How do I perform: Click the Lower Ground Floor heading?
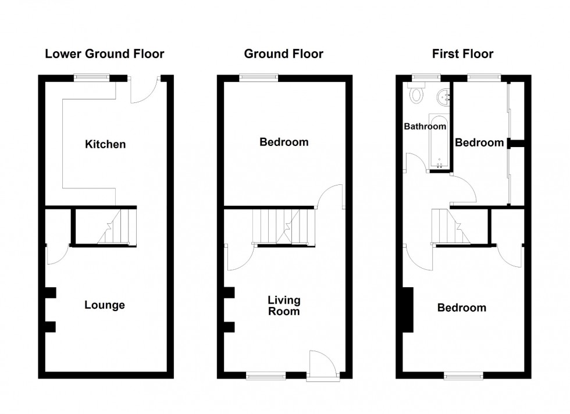[105, 55]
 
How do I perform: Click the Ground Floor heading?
[283, 55]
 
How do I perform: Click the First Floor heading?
[462, 55]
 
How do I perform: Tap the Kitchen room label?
[105, 144]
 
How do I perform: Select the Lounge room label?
[105, 305]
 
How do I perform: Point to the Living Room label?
[284, 306]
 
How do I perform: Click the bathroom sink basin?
[444, 95]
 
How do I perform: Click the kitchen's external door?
[142, 90]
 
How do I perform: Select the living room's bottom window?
[266, 376]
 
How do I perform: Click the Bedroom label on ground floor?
[284, 142]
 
